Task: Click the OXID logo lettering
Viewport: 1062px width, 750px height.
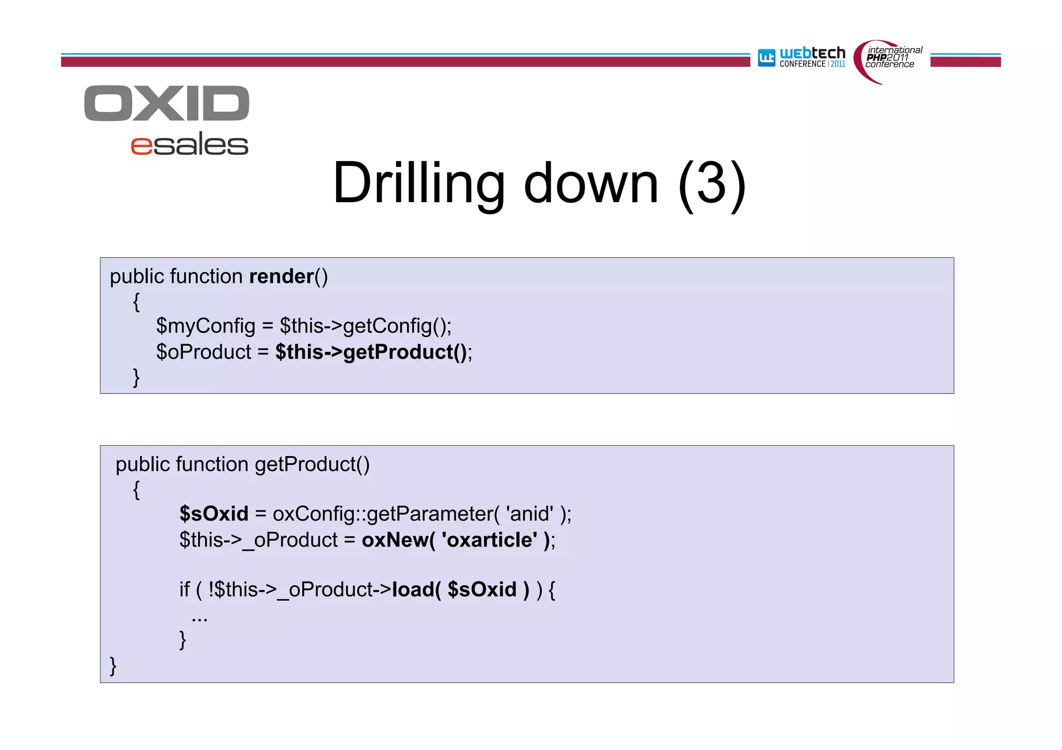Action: pyautogui.click(x=166, y=103)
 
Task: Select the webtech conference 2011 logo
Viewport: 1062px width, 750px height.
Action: pyautogui.click(x=801, y=57)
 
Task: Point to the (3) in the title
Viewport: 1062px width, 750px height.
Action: pyautogui.click(x=712, y=184)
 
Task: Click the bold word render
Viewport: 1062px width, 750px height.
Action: pyautogui.click(x=282, y=276)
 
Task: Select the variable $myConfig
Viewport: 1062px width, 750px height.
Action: pyautogui.click(x=206, y=326)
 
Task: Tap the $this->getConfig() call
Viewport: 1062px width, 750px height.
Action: pyautogui.click(x=365, y=326)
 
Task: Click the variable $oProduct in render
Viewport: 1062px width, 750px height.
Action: pyautogui.click(x=204, y=352)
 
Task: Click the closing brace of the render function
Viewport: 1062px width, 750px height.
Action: pyautogui.click(x=136, y=377)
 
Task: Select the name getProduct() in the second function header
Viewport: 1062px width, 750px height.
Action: pyautogui.click(x=312, y=464)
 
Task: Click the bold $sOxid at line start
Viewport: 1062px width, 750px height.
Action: pyautogui.click(x=214, y=514)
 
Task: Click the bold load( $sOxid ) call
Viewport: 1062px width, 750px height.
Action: pyautogui.click(x=460, y=589)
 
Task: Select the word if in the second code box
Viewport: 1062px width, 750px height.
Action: pyautogui.click(x=185, y=589)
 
